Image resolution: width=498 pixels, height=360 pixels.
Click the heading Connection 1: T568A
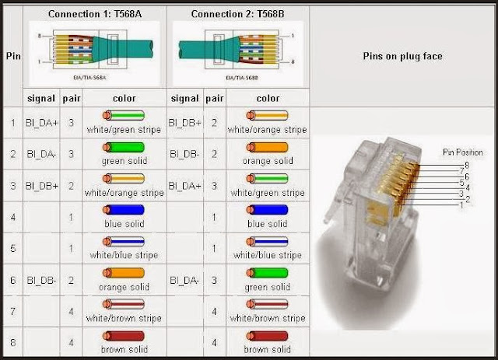coord(93,14)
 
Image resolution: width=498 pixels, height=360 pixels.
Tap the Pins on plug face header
coord(403,57)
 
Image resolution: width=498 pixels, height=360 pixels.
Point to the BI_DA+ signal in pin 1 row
coord(40,123)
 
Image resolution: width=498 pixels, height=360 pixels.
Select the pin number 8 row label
coord(12,341)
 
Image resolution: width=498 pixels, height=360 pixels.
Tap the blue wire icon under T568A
coord(124,209)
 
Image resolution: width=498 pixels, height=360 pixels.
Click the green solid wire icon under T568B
coord(267,273)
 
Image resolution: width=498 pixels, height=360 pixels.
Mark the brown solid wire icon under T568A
coord(124,336)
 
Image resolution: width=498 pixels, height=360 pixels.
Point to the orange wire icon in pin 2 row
coord(267,147)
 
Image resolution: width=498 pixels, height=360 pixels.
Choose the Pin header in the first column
coord(12,56)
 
